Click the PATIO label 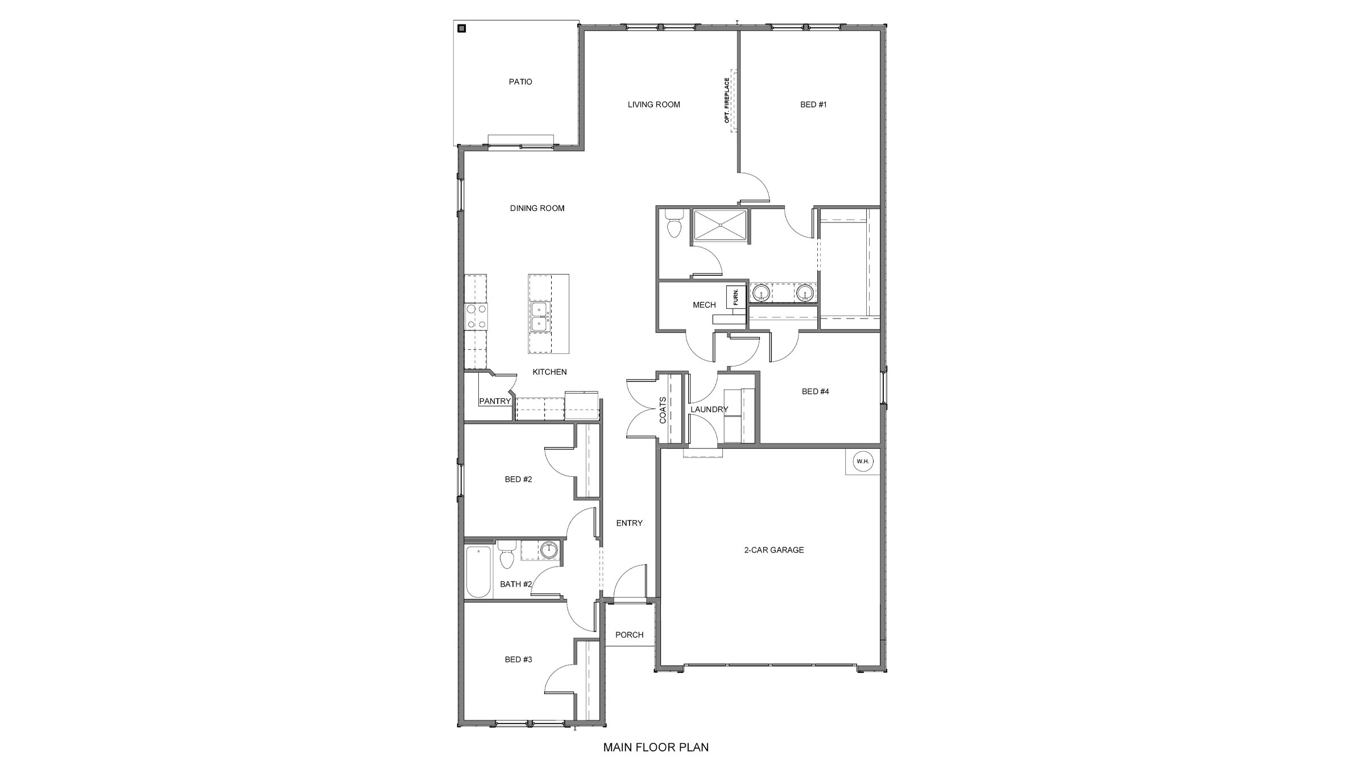coord(520,82)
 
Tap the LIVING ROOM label coord(653,105)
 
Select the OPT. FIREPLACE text coord(727,101)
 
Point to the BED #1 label coord(813,105)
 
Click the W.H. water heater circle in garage coord(863,461)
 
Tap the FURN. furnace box coord(735,297)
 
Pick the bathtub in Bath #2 coord(478,571)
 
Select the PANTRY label coord(495,401)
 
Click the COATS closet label coord(663,410)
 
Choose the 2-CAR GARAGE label coord(774,550)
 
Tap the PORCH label coord(629,635)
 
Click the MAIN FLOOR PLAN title coord(656,748)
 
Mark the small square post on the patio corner coord(462,28)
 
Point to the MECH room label coord(704,305)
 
